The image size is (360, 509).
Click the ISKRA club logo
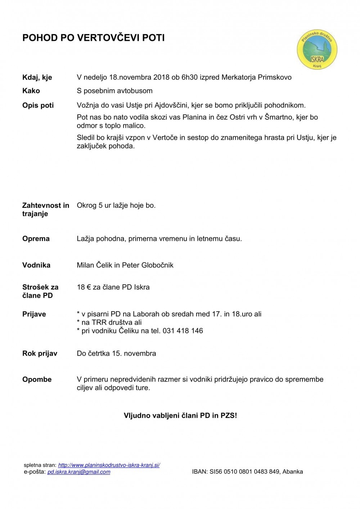coord(317,49)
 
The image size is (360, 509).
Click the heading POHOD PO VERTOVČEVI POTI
coord(94,38)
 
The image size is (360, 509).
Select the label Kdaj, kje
coord(37,77)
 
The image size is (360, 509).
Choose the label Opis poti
coord(38,105)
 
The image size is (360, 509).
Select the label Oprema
coord(36,239)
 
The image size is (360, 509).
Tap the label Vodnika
coord(36,265)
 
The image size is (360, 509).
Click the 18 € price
coord(84,287)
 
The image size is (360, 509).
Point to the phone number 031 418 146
coord(183,331)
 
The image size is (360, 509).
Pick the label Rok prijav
coord(40,353)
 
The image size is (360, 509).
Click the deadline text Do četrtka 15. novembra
coord(116,353)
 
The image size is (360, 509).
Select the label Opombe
coord(37,379)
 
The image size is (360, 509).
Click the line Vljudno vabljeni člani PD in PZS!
coord(180,415)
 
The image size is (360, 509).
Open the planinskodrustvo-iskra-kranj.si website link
coord(109,465)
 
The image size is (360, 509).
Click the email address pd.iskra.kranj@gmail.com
coord(79,472)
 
